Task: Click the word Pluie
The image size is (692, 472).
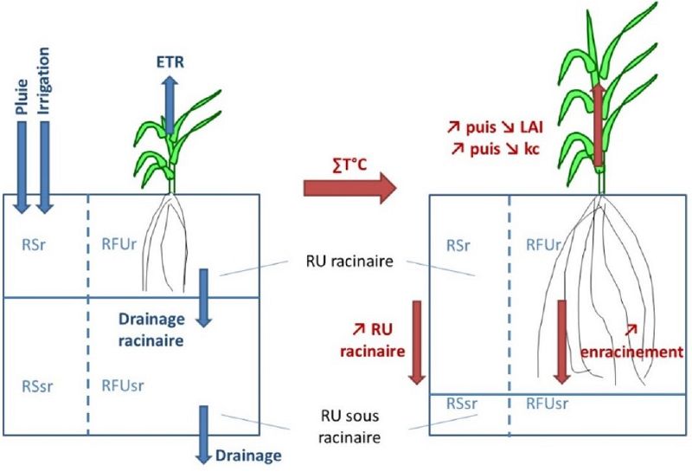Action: point(22,97)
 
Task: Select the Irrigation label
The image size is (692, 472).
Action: point(43,81)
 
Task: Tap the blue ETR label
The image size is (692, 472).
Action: point(170,62)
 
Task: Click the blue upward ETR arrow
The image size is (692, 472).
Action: point(170,105)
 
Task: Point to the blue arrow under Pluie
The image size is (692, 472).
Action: point(22,167)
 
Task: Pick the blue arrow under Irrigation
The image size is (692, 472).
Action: point(45,167)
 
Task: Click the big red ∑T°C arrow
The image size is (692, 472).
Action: point(350,188)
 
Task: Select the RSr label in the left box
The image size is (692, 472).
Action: point(34,245)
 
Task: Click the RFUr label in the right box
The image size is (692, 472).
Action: point(543,245)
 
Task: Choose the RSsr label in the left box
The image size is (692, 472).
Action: point(37,386)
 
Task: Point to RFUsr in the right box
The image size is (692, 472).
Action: point(547,404)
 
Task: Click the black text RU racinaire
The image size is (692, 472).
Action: point(349,262)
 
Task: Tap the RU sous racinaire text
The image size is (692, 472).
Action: point(349,426)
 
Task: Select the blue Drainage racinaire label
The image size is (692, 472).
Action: point(151,330)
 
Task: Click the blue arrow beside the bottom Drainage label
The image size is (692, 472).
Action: point(203,435)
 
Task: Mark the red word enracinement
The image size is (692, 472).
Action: point(631,352)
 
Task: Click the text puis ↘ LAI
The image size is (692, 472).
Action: point(504,127)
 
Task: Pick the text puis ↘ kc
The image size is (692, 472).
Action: point(504,149)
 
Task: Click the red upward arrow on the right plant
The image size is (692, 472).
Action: point(599,125)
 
